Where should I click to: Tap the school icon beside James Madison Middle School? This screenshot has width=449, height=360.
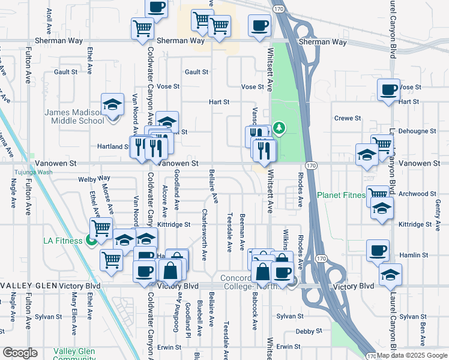112,106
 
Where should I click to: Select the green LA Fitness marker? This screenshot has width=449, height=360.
91,241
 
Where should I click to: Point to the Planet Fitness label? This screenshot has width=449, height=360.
341,195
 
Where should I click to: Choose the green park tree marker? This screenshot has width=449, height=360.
279,127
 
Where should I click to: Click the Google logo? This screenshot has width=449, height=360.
20,352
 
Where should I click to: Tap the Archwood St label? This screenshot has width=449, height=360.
417,194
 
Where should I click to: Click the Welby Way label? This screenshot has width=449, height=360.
95,179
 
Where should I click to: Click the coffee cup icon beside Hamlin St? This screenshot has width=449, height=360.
378,251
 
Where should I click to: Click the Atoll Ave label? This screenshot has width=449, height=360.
49,20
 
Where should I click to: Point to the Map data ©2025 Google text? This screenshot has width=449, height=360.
412,355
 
